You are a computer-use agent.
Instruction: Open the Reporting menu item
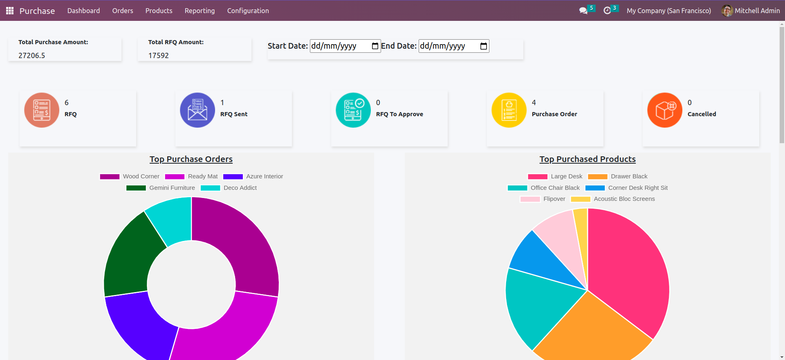[200, 11]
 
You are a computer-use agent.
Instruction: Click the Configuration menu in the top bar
[248, 11]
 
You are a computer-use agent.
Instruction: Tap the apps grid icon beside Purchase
[10, 11]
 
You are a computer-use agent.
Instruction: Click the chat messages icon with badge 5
[583, 11]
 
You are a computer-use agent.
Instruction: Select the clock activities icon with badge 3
[607, 11]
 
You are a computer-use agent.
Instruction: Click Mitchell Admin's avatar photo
[727, 11]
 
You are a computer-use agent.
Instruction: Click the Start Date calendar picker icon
[375, 46]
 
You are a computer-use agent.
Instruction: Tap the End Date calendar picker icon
[483, 46]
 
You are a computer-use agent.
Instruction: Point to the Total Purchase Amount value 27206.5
[32, 56]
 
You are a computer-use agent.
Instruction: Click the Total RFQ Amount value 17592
[159, 56]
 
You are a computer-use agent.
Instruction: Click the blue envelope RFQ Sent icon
[197, 110]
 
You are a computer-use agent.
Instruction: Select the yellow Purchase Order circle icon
[509, 110]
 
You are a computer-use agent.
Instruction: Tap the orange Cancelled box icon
[665, 110]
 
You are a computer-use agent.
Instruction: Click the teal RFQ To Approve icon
[353, 110]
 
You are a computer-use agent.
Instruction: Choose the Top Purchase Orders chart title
[191, 159]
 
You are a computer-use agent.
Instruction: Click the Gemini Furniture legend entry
[161, 188]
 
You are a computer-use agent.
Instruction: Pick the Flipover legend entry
[543, 199]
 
